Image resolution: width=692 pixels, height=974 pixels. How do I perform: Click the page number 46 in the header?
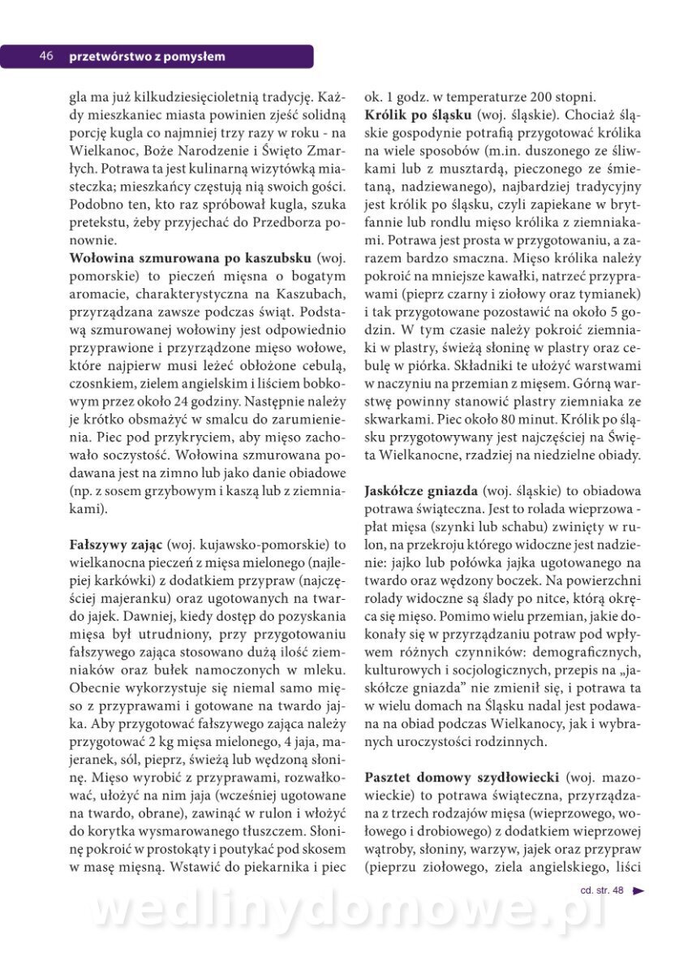click(46, 56)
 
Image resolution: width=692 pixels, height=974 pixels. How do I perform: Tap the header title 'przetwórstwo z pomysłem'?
click(147, 56)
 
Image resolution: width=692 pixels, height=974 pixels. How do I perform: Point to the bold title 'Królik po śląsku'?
click(418, 114)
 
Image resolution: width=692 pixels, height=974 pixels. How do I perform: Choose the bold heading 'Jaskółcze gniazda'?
click(420, 490)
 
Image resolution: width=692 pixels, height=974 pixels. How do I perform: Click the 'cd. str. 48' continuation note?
click(602, 890)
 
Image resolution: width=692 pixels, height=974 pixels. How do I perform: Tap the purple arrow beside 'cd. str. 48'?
click(638, 890)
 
